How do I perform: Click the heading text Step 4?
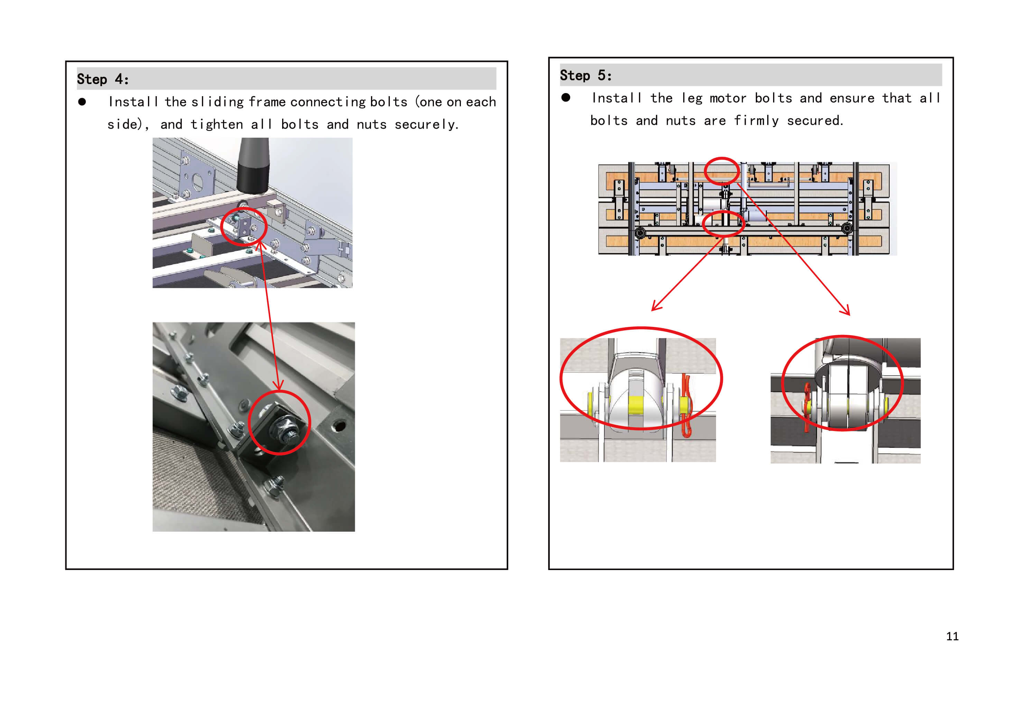pos(103,79)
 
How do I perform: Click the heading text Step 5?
pos(586,76)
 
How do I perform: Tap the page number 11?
pos(952,636)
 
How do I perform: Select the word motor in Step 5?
pos(728,98)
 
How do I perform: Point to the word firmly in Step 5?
pos(756,121)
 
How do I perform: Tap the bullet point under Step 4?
pos(82,102)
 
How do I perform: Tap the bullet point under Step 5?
pos(566,98)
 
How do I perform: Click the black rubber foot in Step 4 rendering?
pos(253,165)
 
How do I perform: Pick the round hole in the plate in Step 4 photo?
pos(339,426)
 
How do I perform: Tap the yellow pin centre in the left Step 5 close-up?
pos(636,405)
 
